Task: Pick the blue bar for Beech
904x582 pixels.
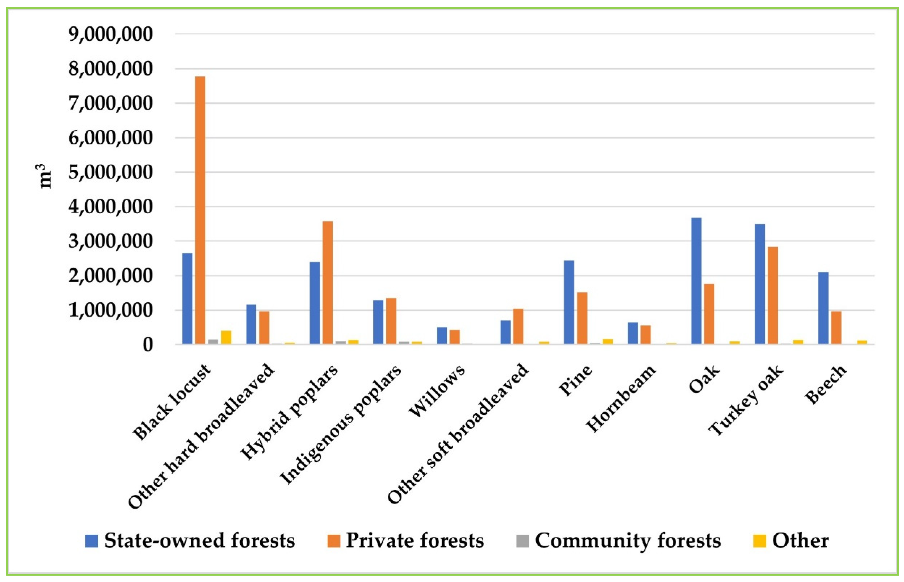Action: coord(823,308)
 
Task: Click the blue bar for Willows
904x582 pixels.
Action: coord(442,336)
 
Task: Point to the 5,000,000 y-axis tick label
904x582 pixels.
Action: coord(111,172)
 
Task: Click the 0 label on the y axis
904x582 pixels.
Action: coord(147,345)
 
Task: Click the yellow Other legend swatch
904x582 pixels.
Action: coord(759,541)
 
